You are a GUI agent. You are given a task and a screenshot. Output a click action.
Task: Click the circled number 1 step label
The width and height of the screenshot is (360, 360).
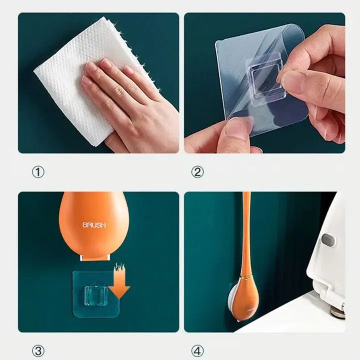coord(38,172)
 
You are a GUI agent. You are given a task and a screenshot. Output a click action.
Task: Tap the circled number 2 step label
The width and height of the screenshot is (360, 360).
coord(197,172)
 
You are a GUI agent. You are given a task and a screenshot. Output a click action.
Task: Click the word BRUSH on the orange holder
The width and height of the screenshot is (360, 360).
coord(94,225)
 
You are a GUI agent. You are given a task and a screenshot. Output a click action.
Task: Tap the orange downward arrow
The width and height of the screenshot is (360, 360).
coord(120,284)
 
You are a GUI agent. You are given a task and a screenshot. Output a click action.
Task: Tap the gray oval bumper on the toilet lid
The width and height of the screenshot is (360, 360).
coord(327,240)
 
